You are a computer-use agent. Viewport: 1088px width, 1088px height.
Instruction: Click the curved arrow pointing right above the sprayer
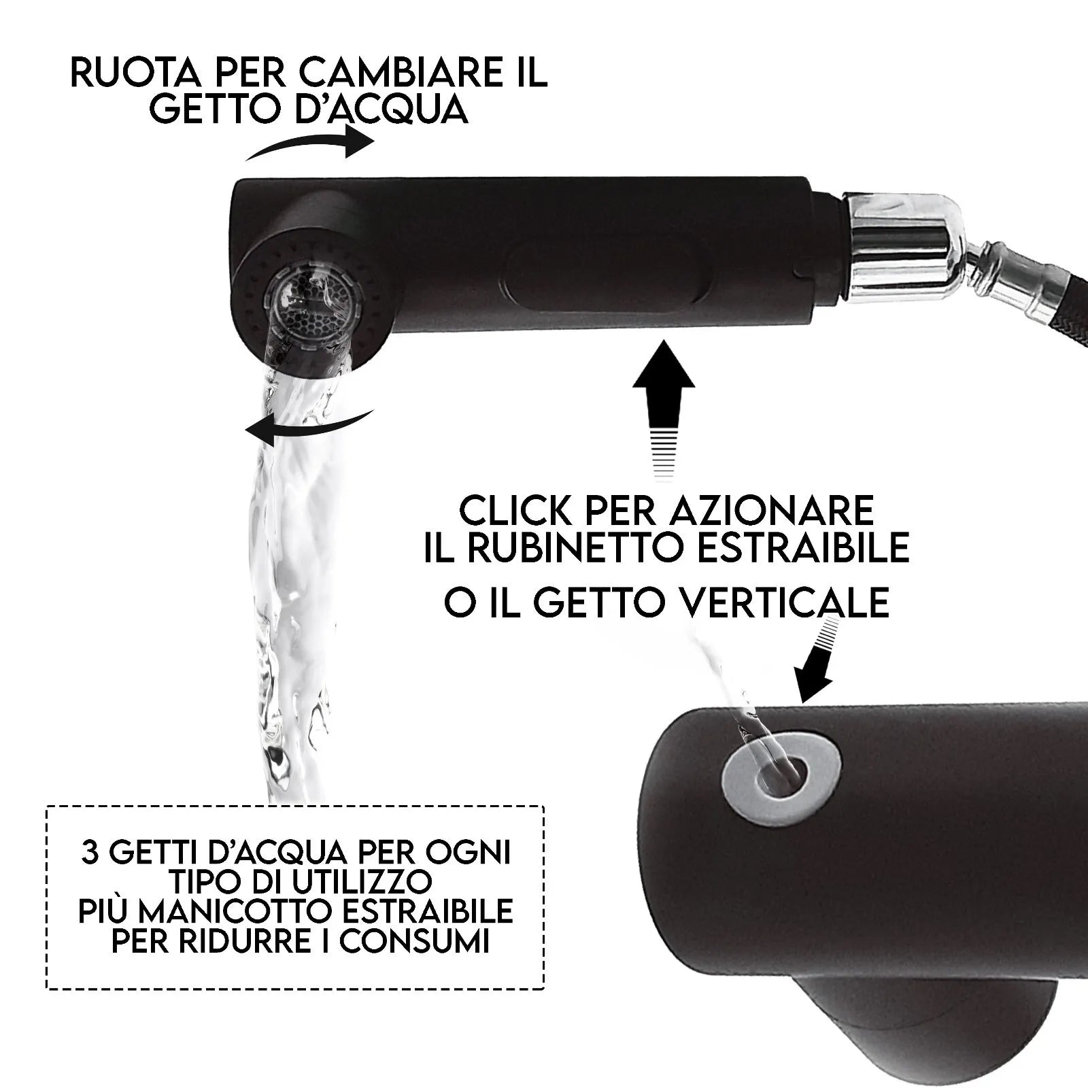pos(309,145)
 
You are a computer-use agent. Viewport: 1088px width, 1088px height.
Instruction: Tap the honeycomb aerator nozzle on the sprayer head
pos(310,320)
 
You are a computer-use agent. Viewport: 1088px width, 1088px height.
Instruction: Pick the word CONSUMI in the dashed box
pos(415,942)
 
